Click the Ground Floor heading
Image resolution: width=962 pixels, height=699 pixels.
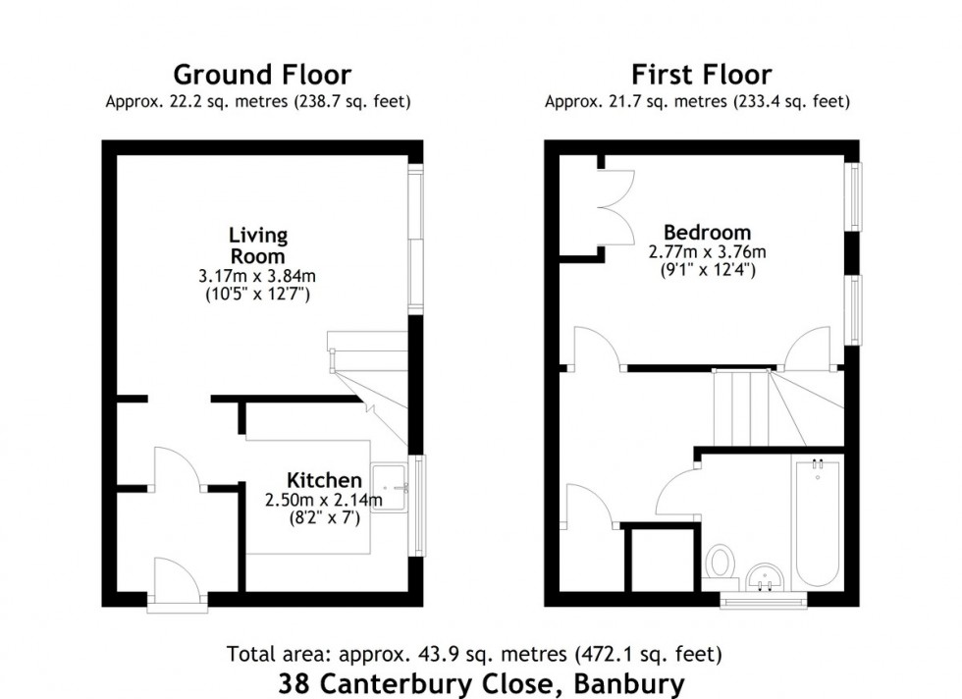click(261, 75)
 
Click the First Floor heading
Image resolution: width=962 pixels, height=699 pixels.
click(701, 75)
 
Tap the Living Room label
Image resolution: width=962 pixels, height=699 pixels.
click(258, 244)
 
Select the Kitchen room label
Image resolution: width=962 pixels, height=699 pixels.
click(324, 480)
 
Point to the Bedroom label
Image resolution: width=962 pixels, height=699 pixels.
click(707, 233)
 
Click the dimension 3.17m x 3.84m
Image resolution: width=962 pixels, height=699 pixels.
click(258, 276)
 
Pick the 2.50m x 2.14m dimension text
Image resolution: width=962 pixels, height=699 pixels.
click(324, 500)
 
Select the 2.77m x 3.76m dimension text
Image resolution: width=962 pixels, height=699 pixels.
click(707, 252)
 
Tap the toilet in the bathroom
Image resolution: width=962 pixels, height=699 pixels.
click(720, 563)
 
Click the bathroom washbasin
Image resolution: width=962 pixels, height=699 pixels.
click(764, 575)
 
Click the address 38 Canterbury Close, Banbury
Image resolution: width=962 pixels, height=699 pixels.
click(481, 681)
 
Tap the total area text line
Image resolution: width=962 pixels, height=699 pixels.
click(476, 653)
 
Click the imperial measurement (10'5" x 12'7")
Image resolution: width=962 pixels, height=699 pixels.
click(258, 294)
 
